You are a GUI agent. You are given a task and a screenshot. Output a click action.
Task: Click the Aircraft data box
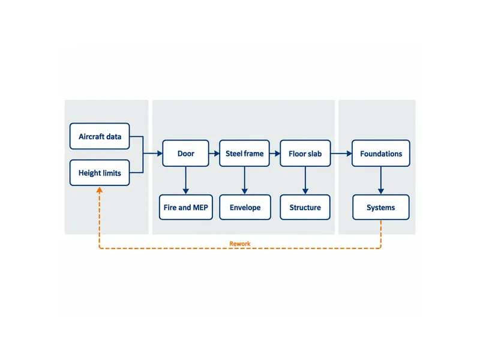pos(100,136)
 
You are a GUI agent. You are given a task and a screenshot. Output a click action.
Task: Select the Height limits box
pos(100,173)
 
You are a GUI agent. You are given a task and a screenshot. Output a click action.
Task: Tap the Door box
pos(186,154)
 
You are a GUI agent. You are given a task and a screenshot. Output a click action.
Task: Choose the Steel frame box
pos(245,154)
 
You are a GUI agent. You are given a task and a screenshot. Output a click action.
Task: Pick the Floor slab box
pos(305,154)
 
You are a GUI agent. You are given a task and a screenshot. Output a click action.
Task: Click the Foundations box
pos(381,154)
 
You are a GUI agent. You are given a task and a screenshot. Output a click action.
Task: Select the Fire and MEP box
pos(186,207)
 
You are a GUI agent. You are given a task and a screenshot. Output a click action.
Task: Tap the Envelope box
pos(245,207)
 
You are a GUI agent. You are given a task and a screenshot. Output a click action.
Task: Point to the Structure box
pos(305,207)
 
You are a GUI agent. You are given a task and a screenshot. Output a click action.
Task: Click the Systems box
pos(381,207)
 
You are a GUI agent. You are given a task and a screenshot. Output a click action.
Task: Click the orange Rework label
pos(239,244)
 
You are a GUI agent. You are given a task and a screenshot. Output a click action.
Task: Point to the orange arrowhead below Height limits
pos(100,190)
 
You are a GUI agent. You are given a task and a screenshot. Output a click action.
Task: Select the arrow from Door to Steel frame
pos(214,154)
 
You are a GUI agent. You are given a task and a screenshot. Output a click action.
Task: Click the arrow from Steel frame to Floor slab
pos(275,154)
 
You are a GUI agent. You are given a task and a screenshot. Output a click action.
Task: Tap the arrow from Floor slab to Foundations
pos(341,154)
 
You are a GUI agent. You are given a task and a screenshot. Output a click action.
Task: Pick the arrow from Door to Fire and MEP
pos(186,181)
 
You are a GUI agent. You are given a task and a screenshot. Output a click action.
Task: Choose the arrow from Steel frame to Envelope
pos(245,181)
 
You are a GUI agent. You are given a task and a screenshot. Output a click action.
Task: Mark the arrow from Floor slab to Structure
pos(305,181)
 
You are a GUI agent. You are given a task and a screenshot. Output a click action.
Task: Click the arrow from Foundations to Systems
pos(381,181)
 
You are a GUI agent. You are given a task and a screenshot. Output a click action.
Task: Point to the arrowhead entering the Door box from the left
pos(160,154)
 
